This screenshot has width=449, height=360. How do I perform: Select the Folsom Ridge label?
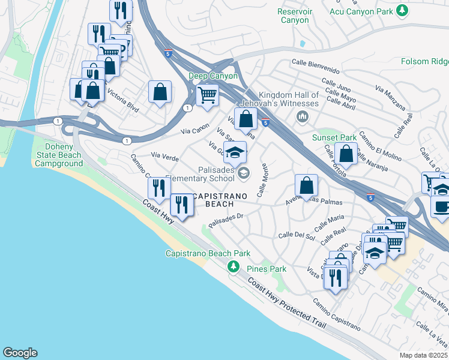[425, 61]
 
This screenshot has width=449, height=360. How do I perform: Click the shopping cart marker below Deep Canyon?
[207, 95]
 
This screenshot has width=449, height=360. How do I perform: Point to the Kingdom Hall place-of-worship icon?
[303, 115]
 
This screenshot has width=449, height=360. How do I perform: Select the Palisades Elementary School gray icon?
[243, 174]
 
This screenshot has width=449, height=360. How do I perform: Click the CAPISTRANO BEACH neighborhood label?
[221, 199]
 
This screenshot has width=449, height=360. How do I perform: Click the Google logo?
[20, 353]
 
